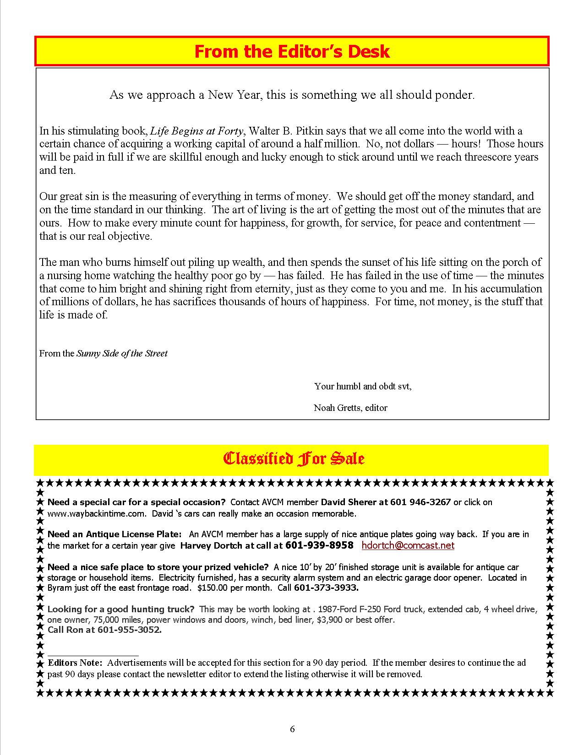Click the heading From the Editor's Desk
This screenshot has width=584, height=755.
292,51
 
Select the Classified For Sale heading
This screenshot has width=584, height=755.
293,458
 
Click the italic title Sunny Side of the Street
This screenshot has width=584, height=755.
122,353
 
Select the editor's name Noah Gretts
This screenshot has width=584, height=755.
337,407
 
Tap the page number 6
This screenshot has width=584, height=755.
292,729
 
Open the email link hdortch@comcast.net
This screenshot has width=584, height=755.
408,545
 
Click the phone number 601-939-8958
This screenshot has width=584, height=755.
319,545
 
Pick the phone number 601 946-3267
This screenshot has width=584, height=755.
420,502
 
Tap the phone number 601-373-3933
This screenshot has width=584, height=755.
326,588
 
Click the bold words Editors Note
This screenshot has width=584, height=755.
76,663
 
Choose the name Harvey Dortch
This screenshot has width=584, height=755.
211,545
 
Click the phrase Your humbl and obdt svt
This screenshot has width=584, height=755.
362,386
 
